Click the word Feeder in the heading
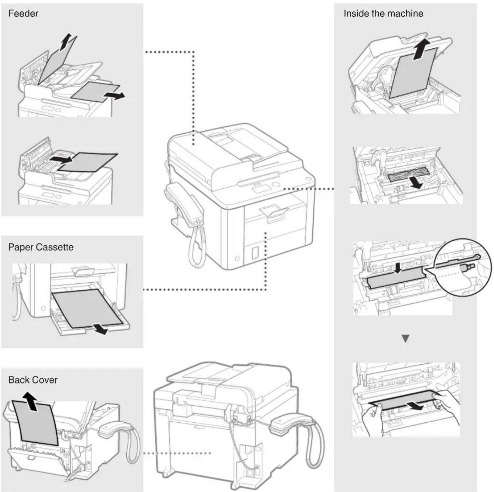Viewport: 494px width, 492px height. click(x=23, y=14)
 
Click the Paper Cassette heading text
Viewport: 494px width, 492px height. click(x=41, y=247)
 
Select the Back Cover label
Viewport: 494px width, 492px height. click(x=33, y=380)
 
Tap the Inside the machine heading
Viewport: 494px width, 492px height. click(x=383, y=14)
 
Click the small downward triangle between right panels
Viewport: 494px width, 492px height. click(x=405, y=338)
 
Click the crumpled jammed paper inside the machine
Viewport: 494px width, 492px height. click(x=408, y=175)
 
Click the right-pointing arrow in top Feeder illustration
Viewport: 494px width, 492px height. click(x=115, y=95)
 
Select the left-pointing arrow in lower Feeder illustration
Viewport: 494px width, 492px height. click(x=60, y=159)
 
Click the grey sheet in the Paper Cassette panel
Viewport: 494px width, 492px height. click(x=87, y=307)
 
